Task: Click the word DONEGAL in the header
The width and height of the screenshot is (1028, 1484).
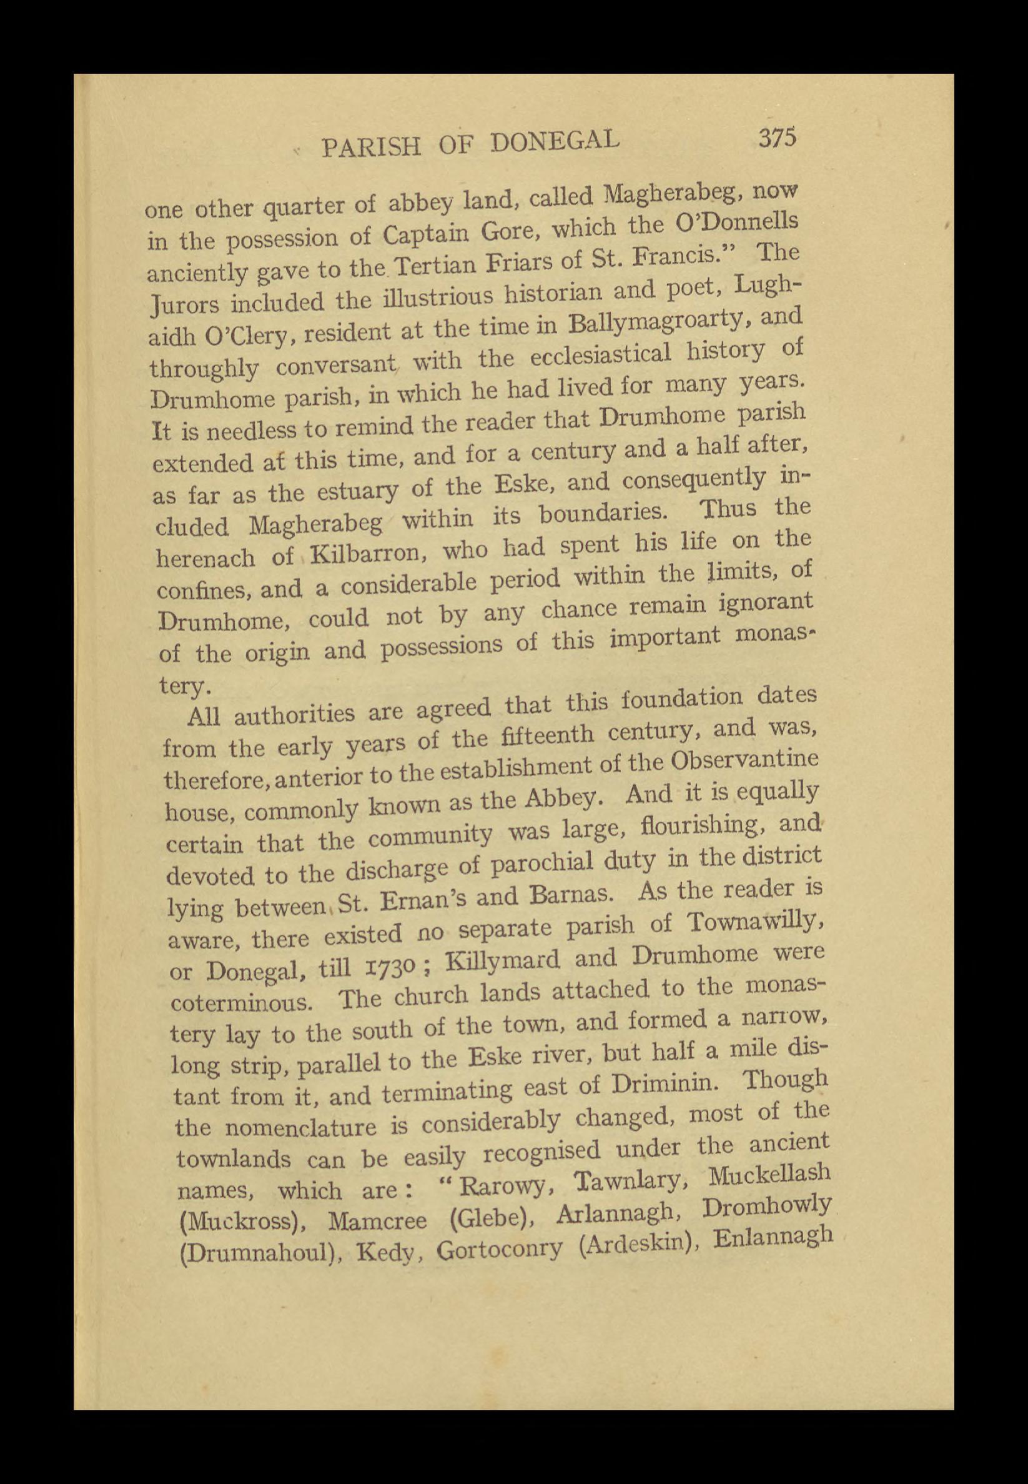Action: click(555, 141)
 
